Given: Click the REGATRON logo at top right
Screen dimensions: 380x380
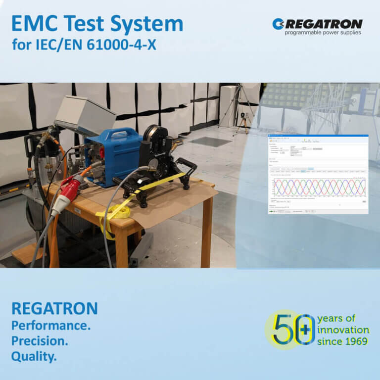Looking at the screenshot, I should click(317, 24).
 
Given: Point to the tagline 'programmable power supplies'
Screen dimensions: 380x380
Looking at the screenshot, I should click(323, 33).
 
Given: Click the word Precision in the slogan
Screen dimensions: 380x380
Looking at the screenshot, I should click(39, 341).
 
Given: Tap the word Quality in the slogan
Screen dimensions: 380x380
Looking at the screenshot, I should click(34, 356).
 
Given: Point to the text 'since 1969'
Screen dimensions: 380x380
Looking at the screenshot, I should click(343, 341).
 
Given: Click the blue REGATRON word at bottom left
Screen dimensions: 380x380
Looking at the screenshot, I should click(54, 309).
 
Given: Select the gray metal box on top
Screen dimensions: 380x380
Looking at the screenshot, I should click(85, 114).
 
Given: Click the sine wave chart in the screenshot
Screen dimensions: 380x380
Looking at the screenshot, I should click(320, 187).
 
